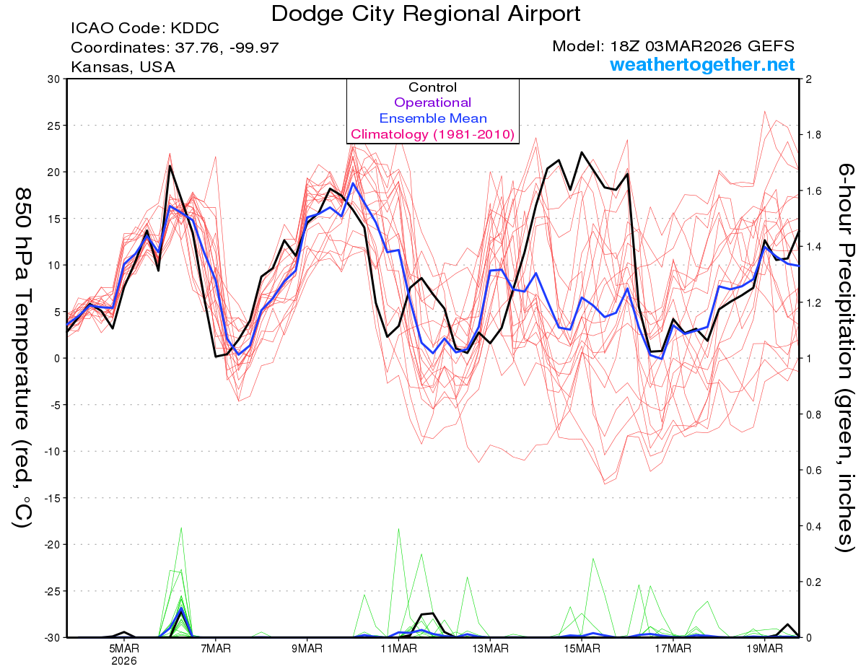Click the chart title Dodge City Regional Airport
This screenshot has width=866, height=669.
point(426,13)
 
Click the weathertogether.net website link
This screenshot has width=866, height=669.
point(702,65)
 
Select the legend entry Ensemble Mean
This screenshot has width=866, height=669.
point(433,118)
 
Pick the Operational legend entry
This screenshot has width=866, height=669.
point(433,102)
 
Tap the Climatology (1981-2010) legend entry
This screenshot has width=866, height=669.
point(433,134)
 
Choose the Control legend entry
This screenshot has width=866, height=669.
point(433,87)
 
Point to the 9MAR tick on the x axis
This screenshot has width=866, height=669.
point(307,649)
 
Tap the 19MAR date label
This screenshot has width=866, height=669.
point(764,649)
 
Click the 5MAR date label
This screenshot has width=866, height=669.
point(124,649)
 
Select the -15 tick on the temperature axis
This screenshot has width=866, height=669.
point(53,498)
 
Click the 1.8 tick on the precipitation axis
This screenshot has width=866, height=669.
point(813,135)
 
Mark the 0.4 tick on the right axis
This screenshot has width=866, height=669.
point(813,526)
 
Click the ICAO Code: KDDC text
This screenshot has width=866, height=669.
point(145,29)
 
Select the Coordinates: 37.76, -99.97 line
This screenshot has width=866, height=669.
point(175,48)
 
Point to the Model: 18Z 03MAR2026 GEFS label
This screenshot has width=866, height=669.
point(673,46)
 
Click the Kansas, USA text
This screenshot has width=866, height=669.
point(123,67)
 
